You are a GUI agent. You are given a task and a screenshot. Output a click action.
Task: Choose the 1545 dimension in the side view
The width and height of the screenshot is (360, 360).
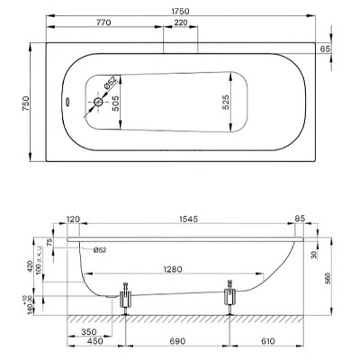pyautogui.click(x=188, y=219)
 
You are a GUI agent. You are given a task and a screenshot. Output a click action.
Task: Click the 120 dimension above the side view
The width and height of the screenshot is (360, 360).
pyautogui.click(x=75, y=219)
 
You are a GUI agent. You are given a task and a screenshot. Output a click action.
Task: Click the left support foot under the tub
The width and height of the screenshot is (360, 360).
pyautogui.click(x=125, y=296)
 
